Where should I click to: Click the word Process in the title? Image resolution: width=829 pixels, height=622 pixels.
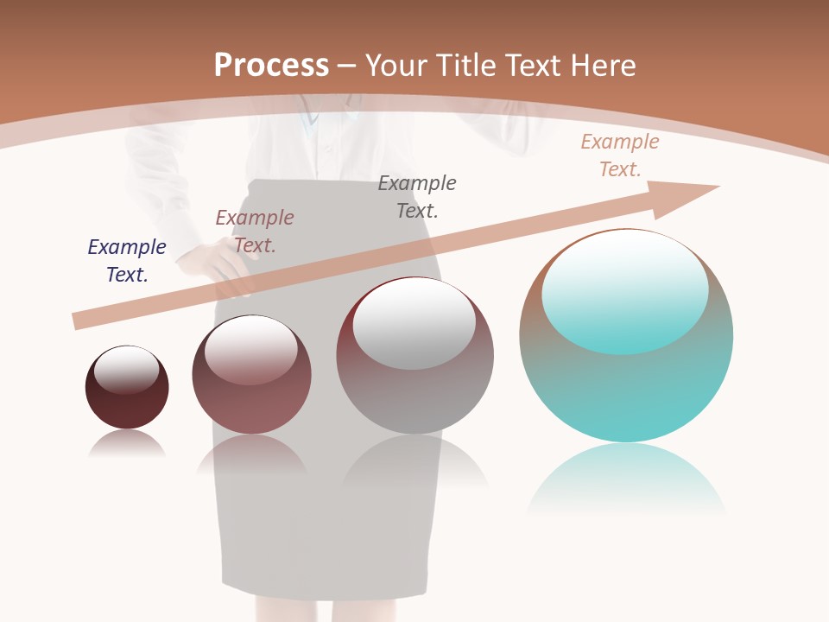[x=271, y=65]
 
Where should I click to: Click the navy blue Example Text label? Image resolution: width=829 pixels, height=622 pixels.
[x=127, y=260]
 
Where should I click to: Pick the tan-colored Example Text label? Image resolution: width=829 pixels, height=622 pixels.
[x=619, y=155]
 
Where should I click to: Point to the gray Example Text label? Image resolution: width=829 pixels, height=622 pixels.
[x=417, y=196]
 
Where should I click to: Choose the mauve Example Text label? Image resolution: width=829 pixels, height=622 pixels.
[x=255, y=231]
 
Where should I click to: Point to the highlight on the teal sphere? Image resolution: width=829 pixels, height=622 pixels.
[x=624, y=289]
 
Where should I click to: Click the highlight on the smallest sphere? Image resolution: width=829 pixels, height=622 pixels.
[x=127, y=369]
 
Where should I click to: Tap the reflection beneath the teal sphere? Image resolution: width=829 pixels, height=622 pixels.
[x=626, y=475]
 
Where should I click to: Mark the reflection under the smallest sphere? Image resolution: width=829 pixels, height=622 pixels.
[x=127, y=444]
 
